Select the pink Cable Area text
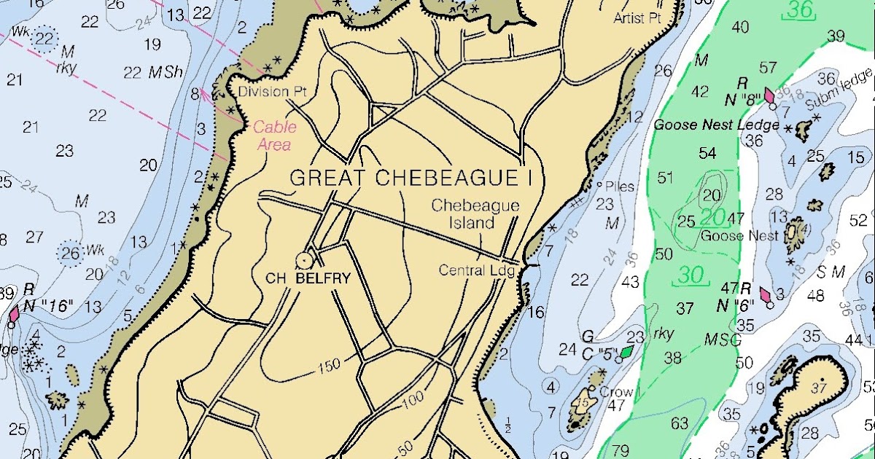click(275, 136)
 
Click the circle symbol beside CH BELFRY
click(303, 259)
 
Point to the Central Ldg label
click(476, 270)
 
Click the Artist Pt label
click(637, 18)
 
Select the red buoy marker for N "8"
click(769, 95)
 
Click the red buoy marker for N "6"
click(766, 295)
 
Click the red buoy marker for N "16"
click(14, 315)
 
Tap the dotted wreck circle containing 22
click(44, 39)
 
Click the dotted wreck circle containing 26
click(71, 253)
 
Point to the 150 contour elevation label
click(329, 367)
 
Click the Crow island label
click(616, 392)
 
